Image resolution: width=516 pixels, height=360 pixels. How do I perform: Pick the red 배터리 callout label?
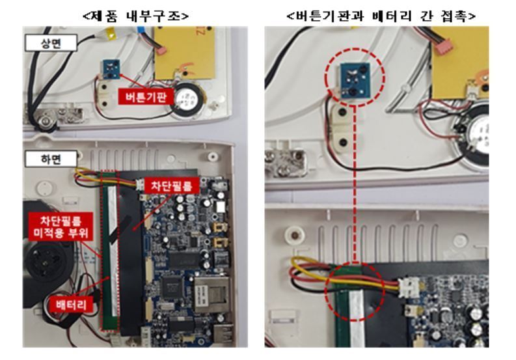(x=69, y=303)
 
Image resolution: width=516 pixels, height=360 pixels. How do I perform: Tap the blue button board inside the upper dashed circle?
(x=354, y=79)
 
